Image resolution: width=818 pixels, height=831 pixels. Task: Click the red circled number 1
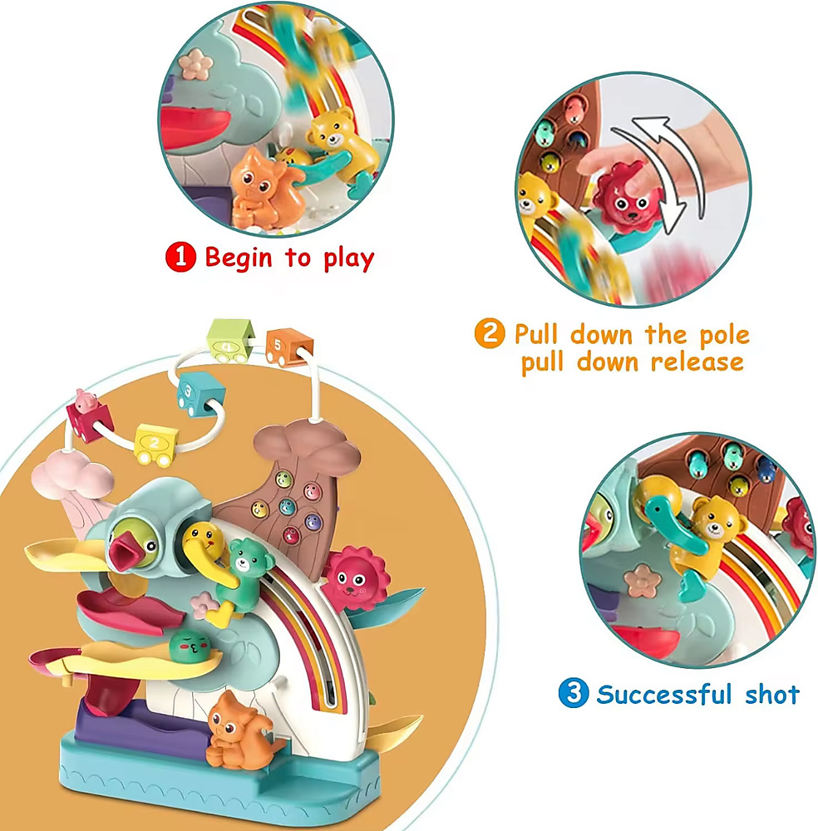click(x=180, y=257)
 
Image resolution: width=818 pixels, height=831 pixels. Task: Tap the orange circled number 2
click(x=489, y=333)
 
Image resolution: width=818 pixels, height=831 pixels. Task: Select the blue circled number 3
click(x=573, y=693)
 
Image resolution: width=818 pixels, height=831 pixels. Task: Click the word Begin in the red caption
click(x=239, y=258)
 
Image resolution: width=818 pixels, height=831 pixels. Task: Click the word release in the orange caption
click(x=697, y=362)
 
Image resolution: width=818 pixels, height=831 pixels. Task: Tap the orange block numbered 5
click(x=289, y=347)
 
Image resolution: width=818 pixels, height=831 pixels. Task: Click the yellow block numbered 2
click(x=156, y=444)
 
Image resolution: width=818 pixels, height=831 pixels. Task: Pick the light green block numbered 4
click(x=230, y=340)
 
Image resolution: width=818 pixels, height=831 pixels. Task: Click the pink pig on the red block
click(x=85, y=401)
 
